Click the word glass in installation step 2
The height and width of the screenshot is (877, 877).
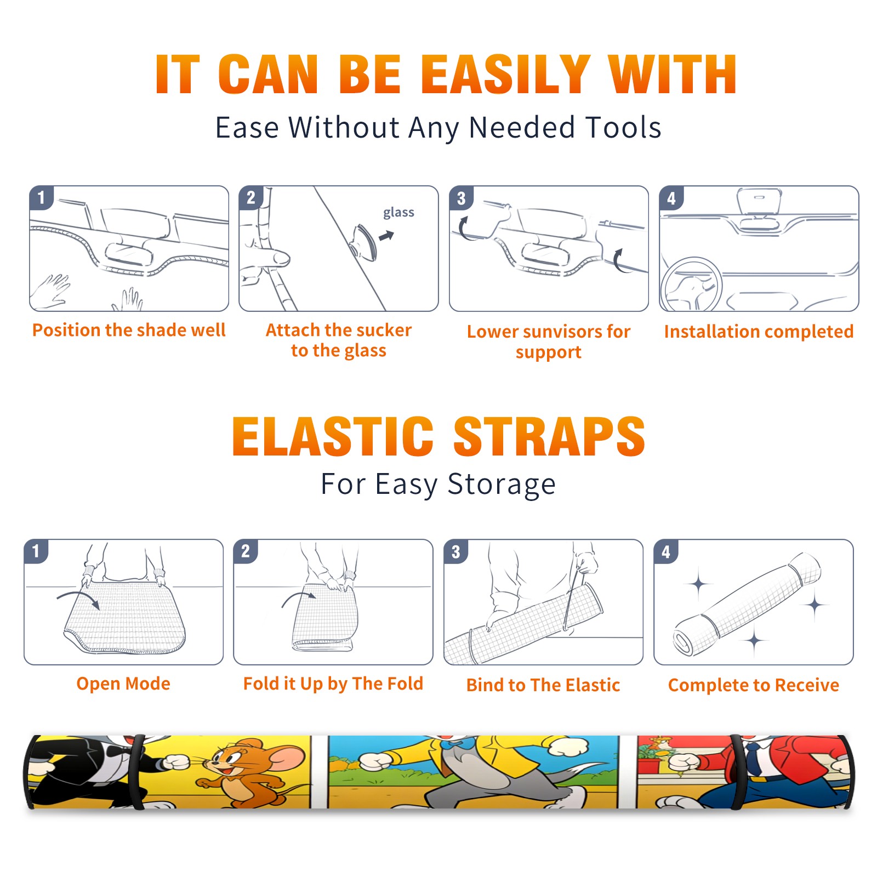coord(398,213)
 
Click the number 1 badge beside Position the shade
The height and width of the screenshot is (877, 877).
coord(41,197)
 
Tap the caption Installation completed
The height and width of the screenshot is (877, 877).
coord(759,332)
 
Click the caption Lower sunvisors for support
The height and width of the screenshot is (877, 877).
coord(549,341)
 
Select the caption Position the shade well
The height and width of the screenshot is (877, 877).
coord(129,330)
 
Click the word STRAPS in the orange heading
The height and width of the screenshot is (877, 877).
coord(549,436)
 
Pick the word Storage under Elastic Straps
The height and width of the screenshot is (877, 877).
coord(502,485)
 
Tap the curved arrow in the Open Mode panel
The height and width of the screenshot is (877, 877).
coord(78,598)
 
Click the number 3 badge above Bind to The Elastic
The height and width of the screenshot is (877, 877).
coord(455,551)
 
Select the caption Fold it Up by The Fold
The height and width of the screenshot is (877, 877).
coord(333,684)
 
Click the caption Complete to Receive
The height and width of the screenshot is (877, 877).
coord(754,685)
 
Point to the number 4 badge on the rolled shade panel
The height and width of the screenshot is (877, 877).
coord(666,551)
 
